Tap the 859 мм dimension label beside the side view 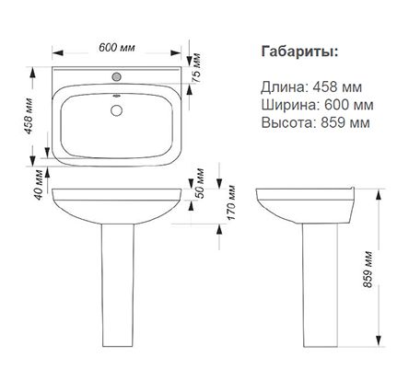368,268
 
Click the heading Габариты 298,50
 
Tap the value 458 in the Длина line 326,86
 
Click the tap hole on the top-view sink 117,75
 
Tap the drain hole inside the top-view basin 117,111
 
